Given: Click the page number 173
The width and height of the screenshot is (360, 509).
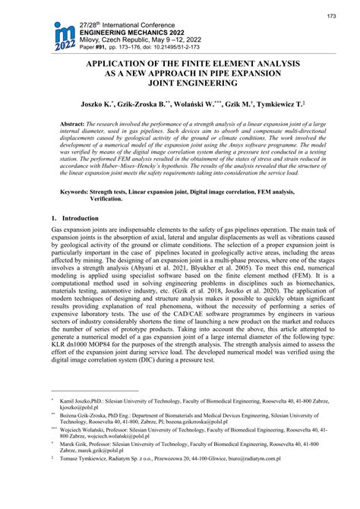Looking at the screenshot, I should [x=331, y=16].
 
